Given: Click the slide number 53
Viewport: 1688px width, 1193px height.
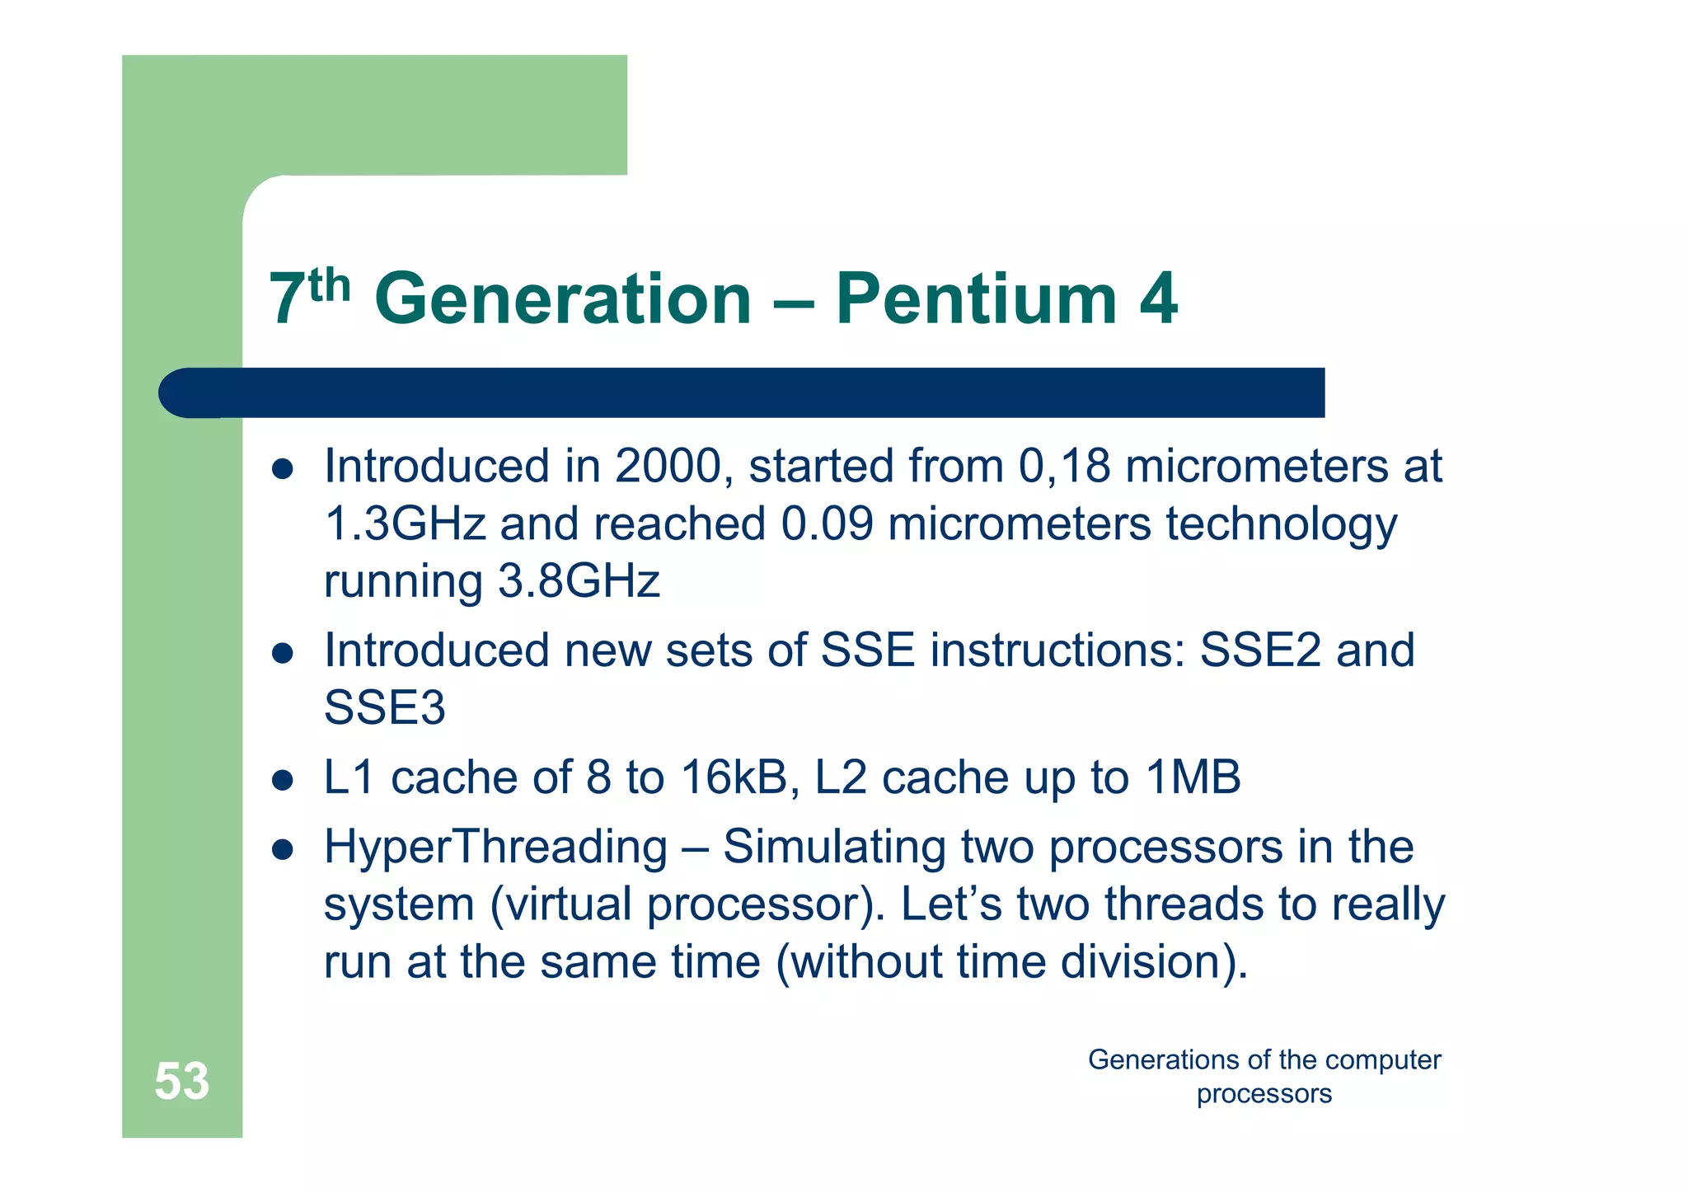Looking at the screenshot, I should click(x=181, y=1081).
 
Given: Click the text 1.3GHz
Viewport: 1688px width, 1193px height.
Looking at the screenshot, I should click(x=405, y=524).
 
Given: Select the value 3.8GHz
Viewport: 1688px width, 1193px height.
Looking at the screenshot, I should click(x=579, y=581).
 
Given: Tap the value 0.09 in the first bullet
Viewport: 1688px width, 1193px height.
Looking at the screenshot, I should click(x=827, y=524).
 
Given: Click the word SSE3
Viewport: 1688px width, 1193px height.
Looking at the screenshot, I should click(x=384, y=708).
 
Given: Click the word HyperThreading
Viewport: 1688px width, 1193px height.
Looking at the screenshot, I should click(x=495, y=848).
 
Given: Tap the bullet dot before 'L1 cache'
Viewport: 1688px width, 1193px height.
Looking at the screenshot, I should click(x=283, y=780).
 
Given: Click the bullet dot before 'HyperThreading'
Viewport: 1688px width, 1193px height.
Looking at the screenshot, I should click(x=283, y=849).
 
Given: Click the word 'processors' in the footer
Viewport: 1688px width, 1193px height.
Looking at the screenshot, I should click(x=1264, y=1094).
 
